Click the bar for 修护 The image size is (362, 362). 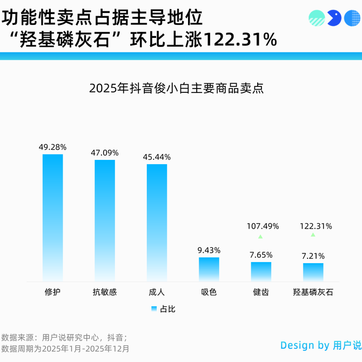point(52,217)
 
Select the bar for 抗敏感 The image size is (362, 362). point(105,220)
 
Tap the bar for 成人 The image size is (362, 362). point(157,222)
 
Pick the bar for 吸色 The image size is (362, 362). point(209,269)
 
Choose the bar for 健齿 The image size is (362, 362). point(261,271)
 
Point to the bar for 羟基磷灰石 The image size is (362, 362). point(313,272)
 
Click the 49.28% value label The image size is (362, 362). point(52,147)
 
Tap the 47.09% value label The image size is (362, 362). point(105,153)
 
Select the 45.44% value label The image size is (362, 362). point(157,157)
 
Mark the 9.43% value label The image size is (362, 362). point(209,250)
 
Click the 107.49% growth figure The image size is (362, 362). point(263,226)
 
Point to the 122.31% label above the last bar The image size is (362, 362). point(316,226)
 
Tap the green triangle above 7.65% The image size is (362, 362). point(260,237)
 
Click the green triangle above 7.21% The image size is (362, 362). point(312,235)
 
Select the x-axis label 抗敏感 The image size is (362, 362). point(105,292)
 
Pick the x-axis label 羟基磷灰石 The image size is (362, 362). point(313,292)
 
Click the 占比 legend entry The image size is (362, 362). point(163,309)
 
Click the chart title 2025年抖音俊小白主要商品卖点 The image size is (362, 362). point(176,89)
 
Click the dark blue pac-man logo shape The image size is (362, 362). point(333,18)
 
